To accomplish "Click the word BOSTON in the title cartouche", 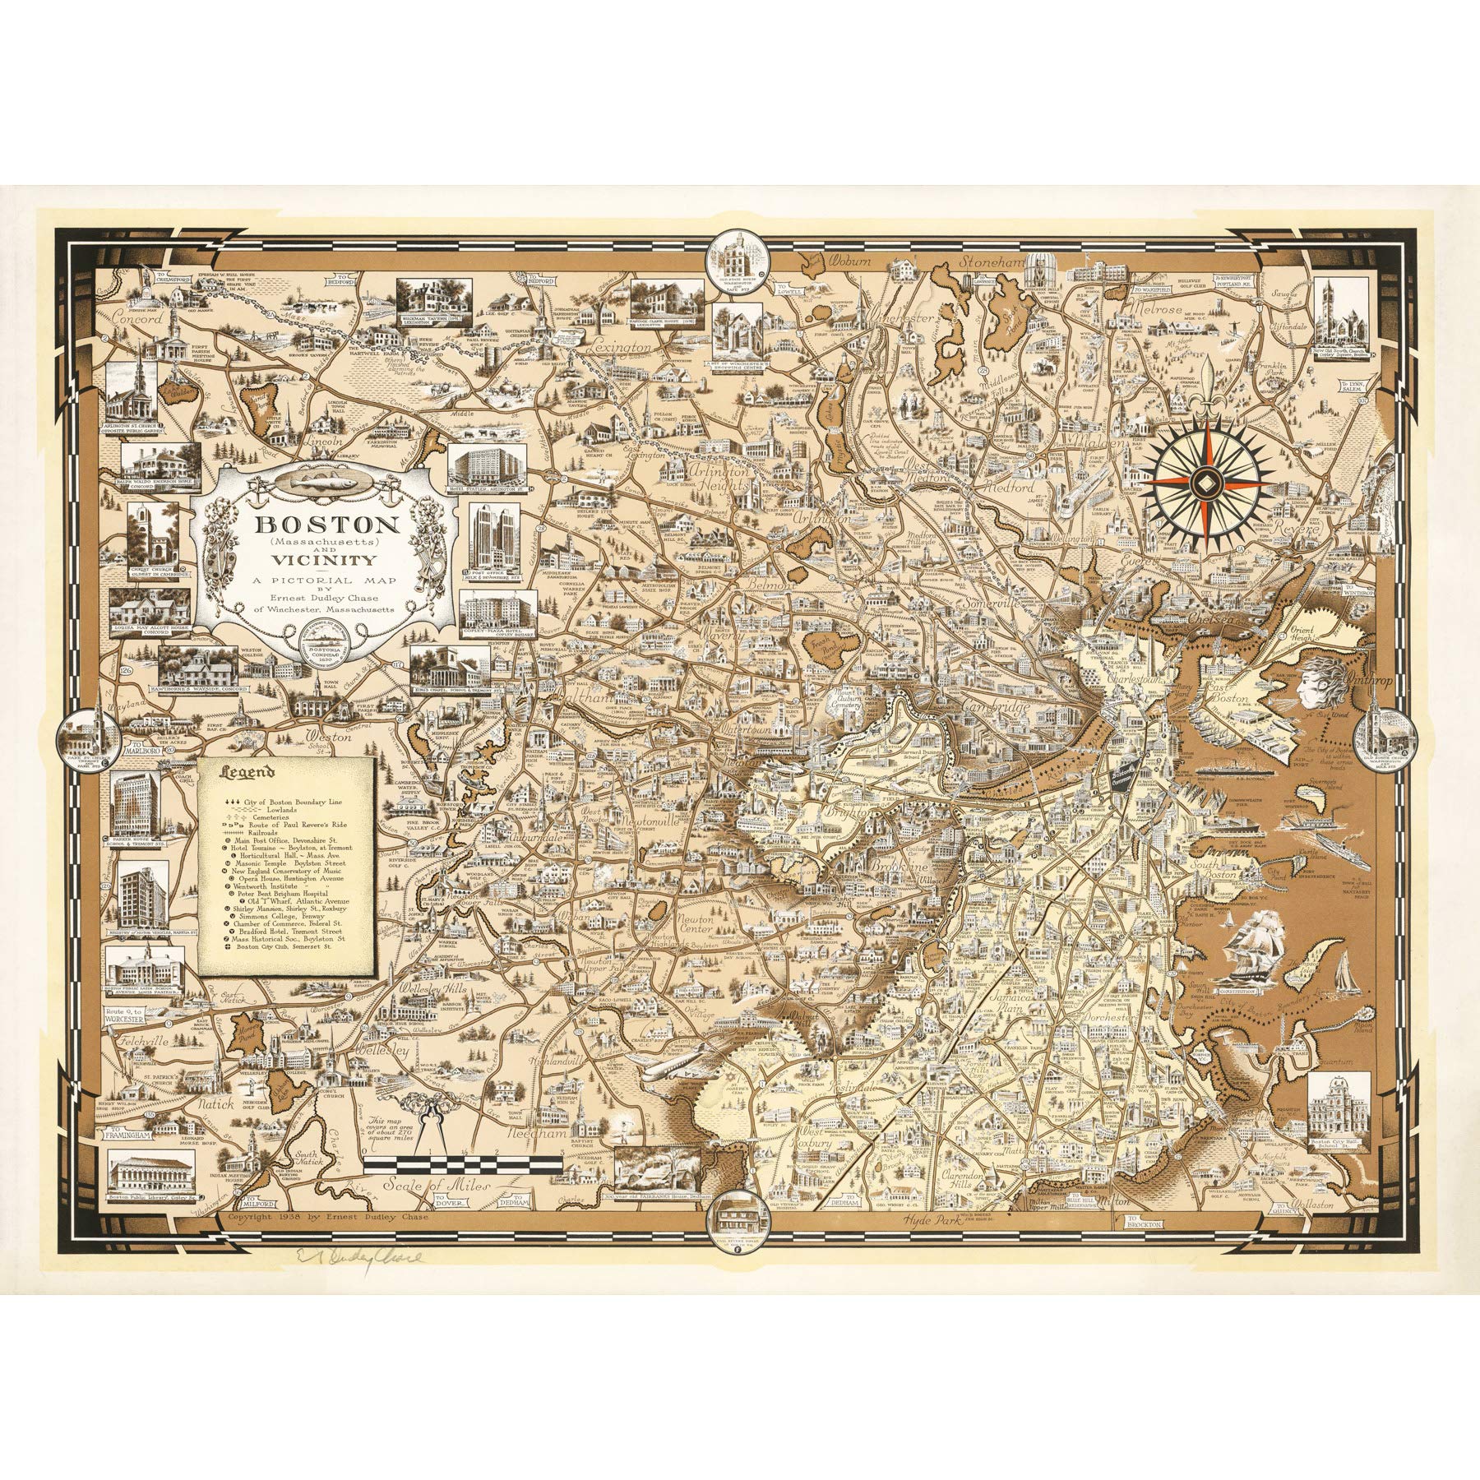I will (294, 524).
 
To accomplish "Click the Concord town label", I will (140, 316).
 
